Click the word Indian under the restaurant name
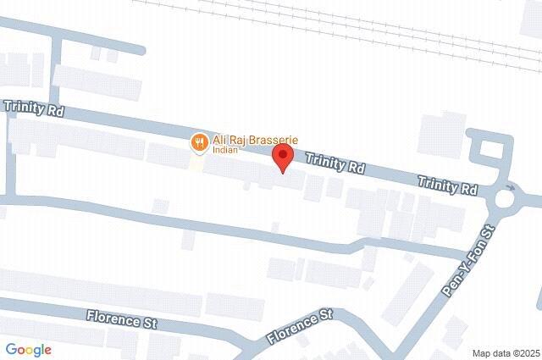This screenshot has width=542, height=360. click(x=225, y=152)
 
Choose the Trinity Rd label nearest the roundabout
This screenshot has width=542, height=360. click(x=448, y=184)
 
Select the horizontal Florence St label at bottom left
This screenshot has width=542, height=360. click(x=123, y=320)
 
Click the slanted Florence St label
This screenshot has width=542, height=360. click(x=298, y=327)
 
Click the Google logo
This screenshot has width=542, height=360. click(x=28, y=349)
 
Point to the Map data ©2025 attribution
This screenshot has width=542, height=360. click(x=506, y=352)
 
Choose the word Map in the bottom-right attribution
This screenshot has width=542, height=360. click(x=481, y=352)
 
